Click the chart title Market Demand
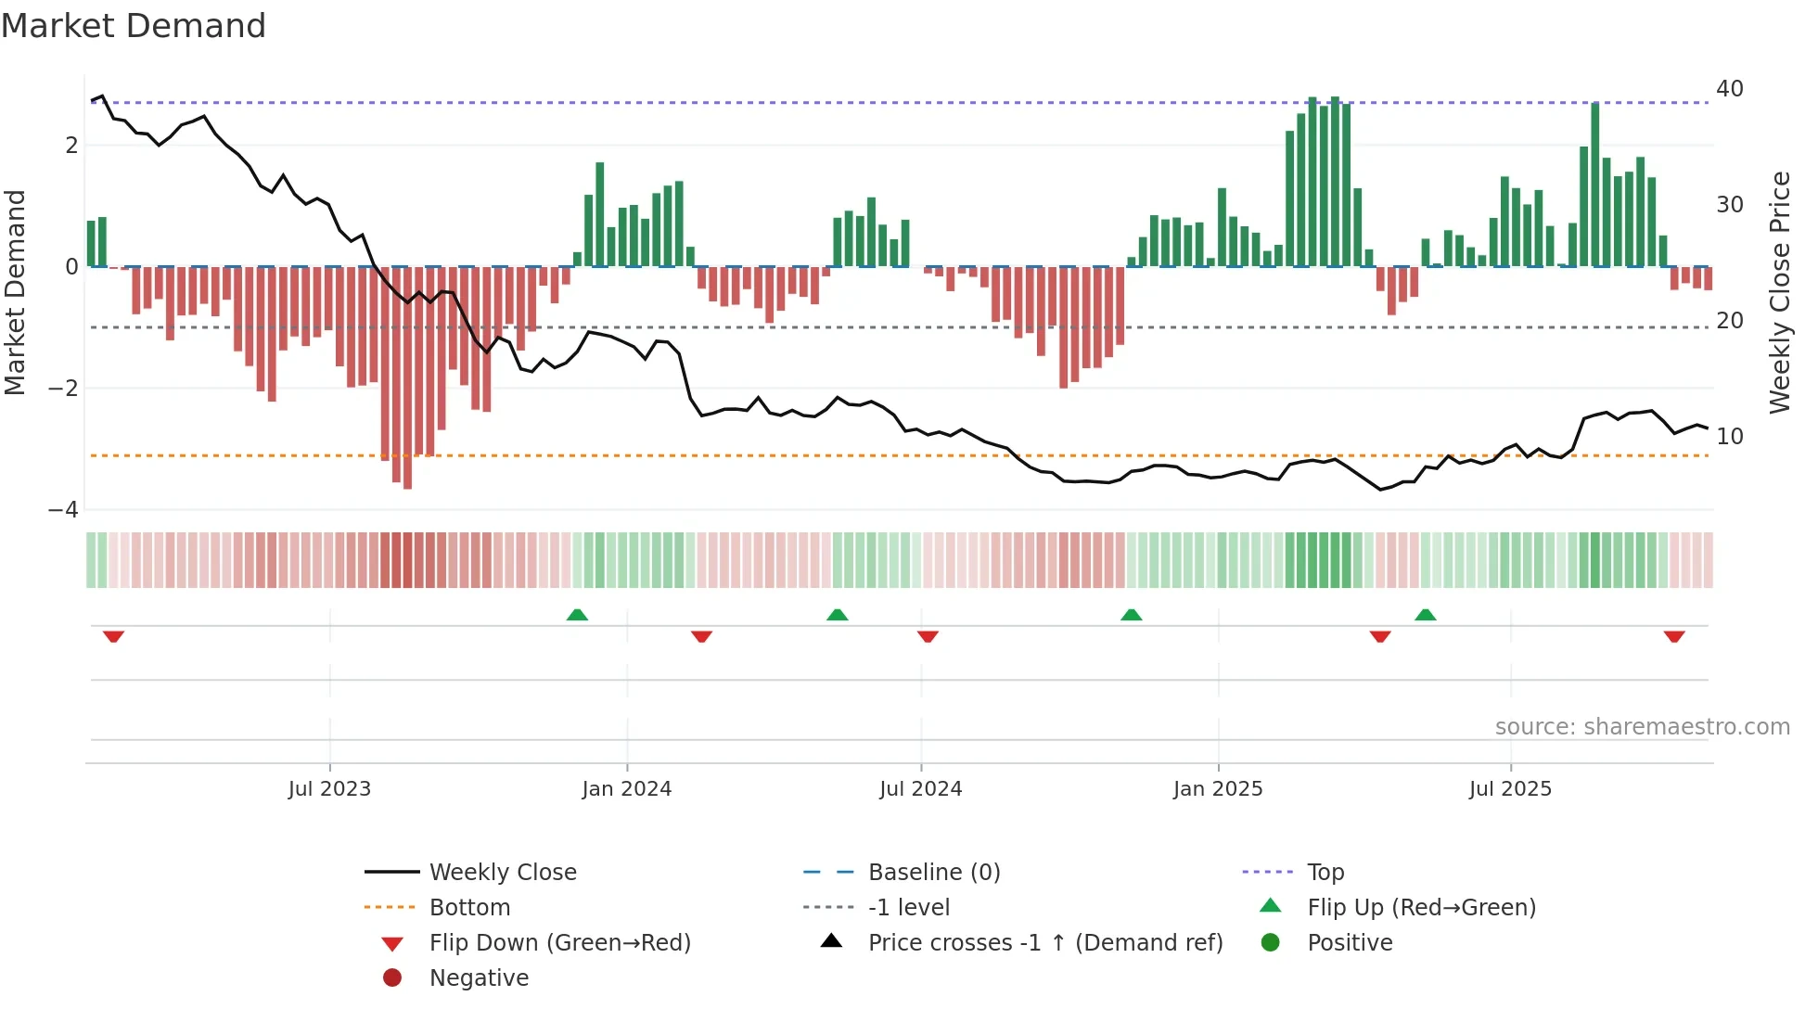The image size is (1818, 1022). (134, 26)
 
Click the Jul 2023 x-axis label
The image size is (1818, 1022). (329, 789)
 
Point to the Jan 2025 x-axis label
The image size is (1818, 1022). (1217, 789)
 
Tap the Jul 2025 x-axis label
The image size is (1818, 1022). (1510, 789)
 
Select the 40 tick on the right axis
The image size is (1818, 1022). (1729, 89)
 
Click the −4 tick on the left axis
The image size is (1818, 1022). (63, 510)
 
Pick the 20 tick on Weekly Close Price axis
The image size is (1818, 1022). (1729, 321)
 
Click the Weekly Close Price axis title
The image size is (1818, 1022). (1779, 292)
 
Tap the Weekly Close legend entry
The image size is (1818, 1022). (502, 873)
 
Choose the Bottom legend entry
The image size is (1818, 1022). (469, 908)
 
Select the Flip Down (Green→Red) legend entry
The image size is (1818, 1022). (559, 943)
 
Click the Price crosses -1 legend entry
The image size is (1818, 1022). (1044, 943)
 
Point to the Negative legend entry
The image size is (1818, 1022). (479, 978)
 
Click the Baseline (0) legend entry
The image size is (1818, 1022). (933, 873)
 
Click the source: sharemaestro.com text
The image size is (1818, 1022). (1642, 727)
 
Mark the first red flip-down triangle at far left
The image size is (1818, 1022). (113, 636)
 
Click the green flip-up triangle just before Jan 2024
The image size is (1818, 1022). (577, 615)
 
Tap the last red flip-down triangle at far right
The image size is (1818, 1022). (1673, 636)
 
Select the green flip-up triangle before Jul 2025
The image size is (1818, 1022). (1426, 615)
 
